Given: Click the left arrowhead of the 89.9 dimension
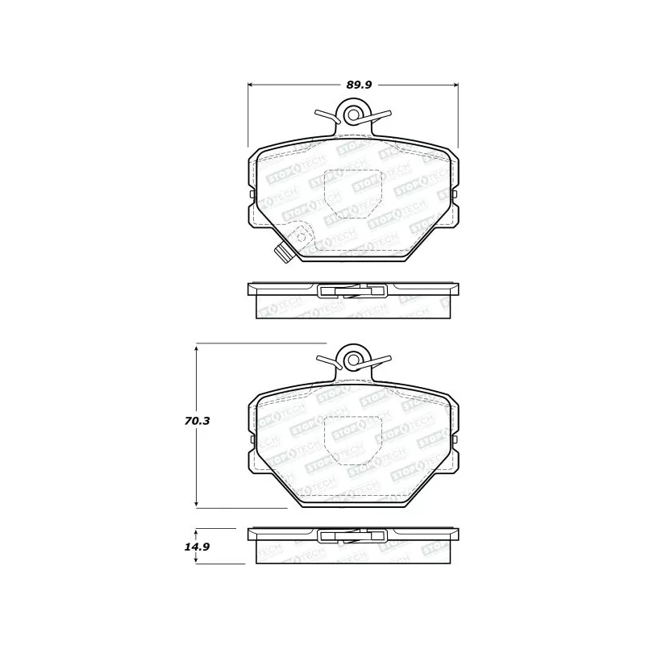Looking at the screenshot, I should [250, 84].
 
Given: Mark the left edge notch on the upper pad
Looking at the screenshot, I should [251, 194].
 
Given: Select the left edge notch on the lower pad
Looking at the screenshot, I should [251, 439].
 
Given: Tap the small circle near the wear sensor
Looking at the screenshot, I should [301, 237].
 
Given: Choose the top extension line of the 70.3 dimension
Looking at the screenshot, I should [258, 344].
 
